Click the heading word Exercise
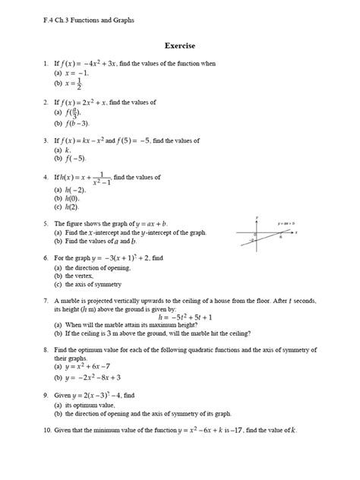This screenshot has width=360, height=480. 181,46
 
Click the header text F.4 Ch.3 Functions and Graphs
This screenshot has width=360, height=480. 89,20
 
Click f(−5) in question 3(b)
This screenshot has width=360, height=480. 74,159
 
